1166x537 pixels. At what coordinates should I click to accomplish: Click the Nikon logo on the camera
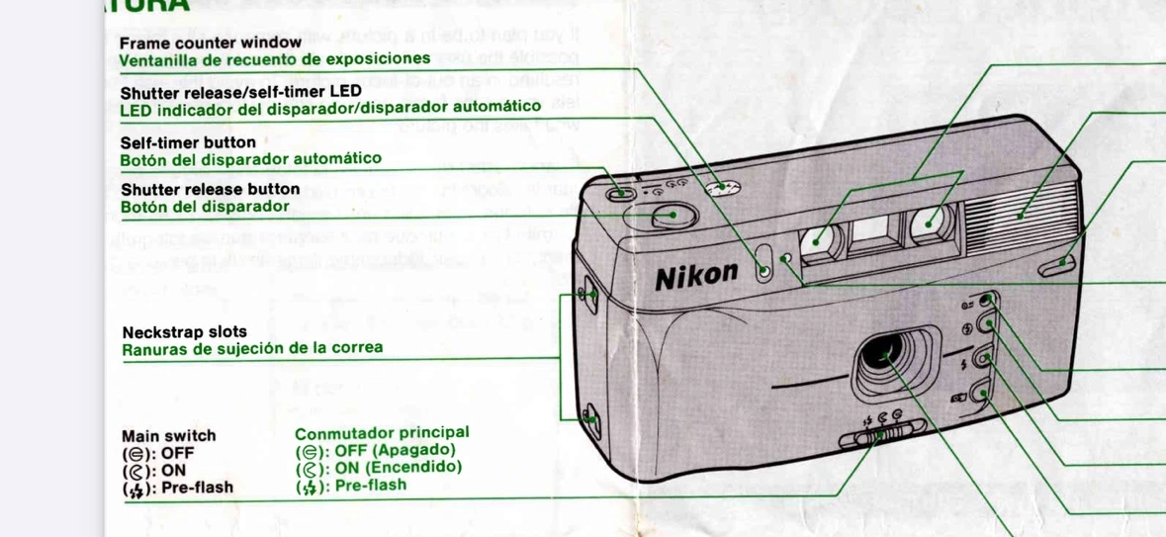[x=696, y=275]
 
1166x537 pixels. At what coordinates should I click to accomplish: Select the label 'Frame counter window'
[x=210, y=43]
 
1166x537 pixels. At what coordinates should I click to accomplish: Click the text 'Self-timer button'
[x=188, y=141]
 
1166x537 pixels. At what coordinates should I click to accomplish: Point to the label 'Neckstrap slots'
[x=184, y=331]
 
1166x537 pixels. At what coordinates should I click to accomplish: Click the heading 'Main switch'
[x=168, y=435]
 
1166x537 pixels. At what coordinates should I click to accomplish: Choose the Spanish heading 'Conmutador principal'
[x=382, y=433]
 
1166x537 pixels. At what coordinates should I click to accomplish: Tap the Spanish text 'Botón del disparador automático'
[x=250, y=158]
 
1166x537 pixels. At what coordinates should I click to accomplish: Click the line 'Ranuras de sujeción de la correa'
[x=252, y=348]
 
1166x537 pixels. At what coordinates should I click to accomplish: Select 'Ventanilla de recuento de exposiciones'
[x=275, y=59]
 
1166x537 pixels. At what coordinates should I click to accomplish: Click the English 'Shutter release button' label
[x=210, y=189]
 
